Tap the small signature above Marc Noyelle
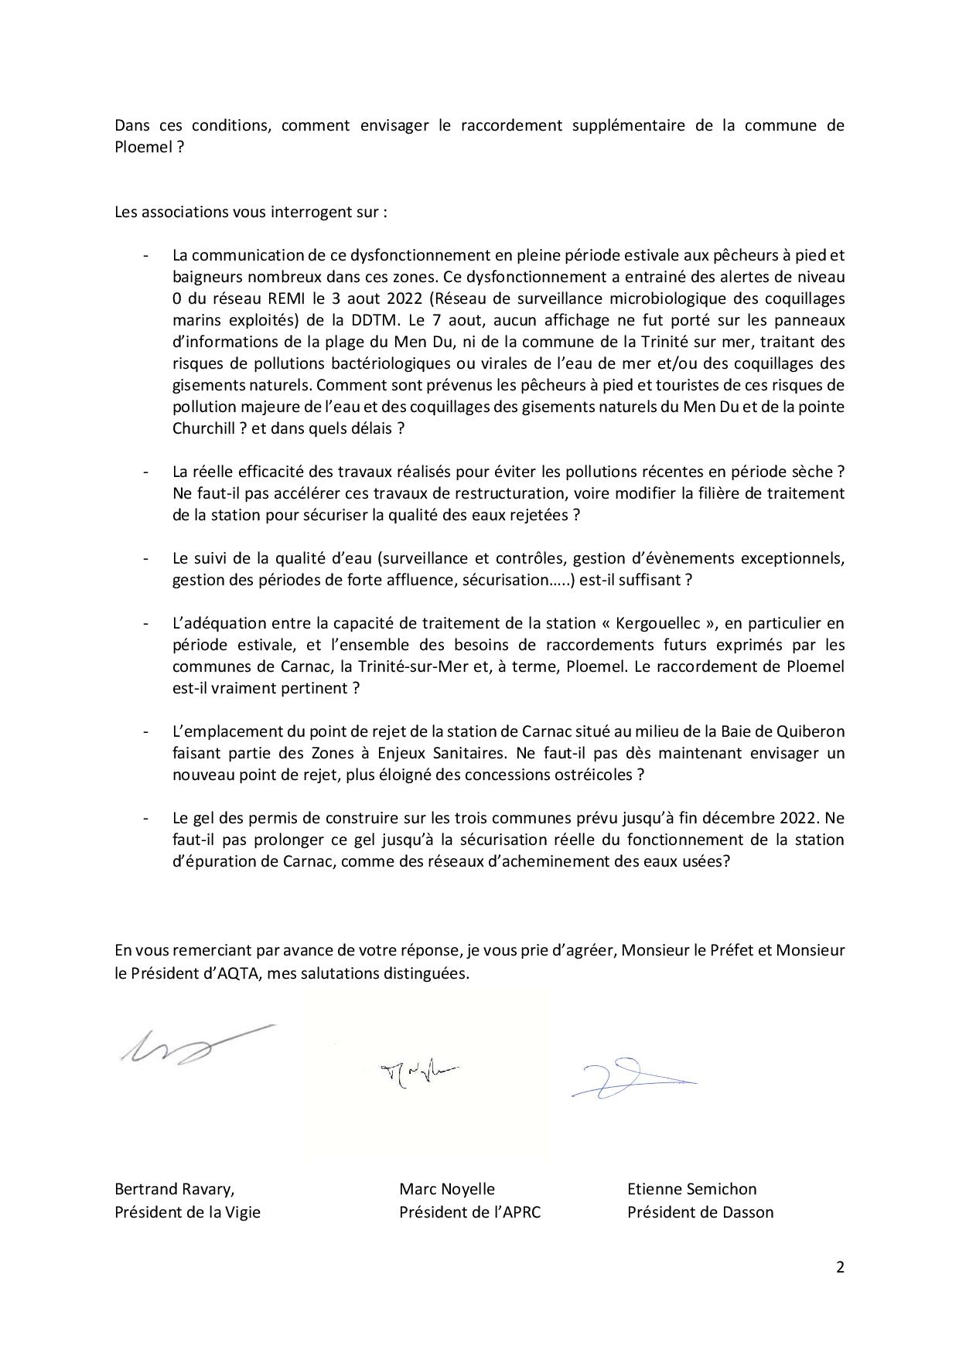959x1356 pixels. click(x=420, y=1072)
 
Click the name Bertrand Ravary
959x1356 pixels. click(x=174, y=1189)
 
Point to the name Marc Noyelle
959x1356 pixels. click(x=446, y=1189)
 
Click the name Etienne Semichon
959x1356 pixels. click(x=691, y=1189)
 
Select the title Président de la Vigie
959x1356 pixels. click(x=187, y=1212)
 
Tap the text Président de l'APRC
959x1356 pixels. click(x=469, y=1212)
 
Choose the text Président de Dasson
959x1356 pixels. click(x=700, y=1212)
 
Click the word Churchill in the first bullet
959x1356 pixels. click(x=203, y=428)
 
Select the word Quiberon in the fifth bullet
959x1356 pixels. click(x=814, y=731)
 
